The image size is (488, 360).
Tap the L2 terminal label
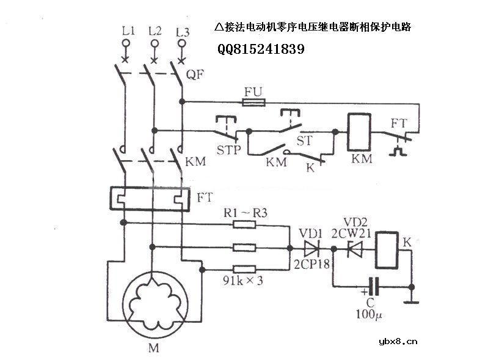[x=155, y=29]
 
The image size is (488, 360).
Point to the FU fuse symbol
[x=253, y=102]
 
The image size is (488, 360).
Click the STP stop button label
[x=229, y=150]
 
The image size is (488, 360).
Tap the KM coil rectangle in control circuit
[x=355, y=133]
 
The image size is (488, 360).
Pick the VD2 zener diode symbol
[x=354, y=249]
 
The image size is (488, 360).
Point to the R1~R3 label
[x=245, y=212]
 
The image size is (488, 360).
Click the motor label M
[x=153, y=349]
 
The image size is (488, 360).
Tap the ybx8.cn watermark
[x=398, y=342]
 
